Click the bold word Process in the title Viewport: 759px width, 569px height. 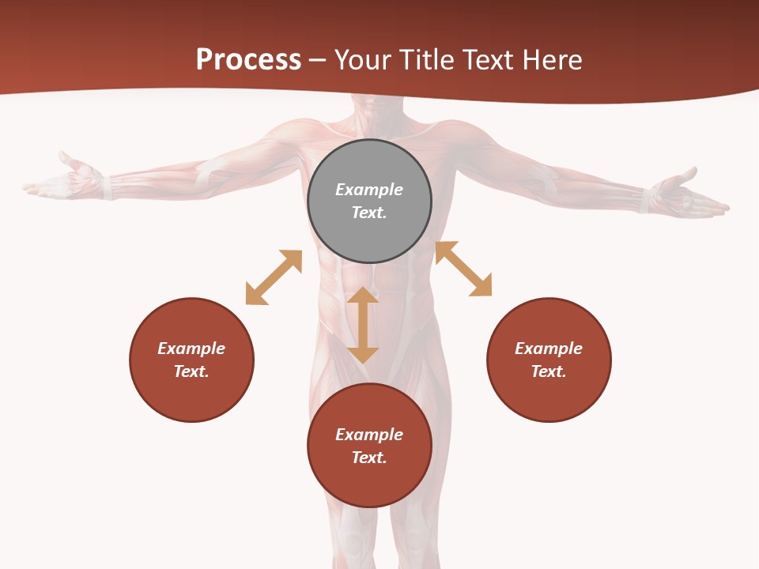(248, 60)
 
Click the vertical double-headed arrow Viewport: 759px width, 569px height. (363, 325)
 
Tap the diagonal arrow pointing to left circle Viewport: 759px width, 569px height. (274, 277)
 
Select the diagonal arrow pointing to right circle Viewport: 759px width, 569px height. (464, 269)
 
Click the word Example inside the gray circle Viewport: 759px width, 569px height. (369, 190)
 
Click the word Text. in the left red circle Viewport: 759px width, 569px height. (191, 371)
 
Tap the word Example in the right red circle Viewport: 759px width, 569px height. (549, 349)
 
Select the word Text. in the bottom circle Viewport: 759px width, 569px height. (369, 458)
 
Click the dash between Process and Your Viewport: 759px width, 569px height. (318, 61)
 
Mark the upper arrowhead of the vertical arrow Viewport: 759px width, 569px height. (363, 296)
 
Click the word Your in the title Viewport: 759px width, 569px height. (362, 60)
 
